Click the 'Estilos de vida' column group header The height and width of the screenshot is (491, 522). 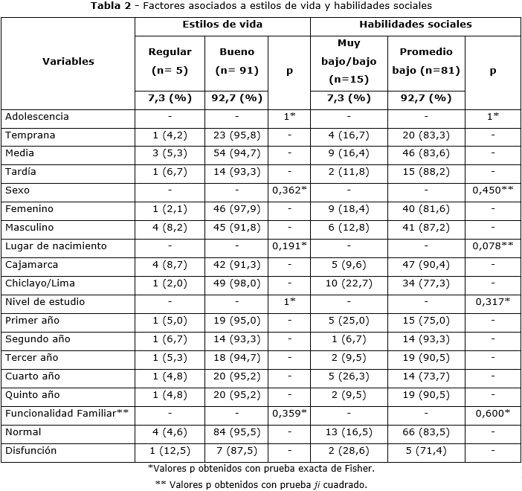click(x=222, y=25)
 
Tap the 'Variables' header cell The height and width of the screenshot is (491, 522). click(x=68, y=61)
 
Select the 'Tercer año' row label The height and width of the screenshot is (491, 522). click(x=32, y=358)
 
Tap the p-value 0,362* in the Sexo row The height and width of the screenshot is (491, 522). click(x=289, y=190)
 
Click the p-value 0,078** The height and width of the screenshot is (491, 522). click(x=492, y=246)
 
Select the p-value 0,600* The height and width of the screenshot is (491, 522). click(x=492, y=414)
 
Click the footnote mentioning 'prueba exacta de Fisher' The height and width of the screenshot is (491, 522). click(x=260, y=469)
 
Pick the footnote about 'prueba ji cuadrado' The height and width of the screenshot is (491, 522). click(x=260, y=484)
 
